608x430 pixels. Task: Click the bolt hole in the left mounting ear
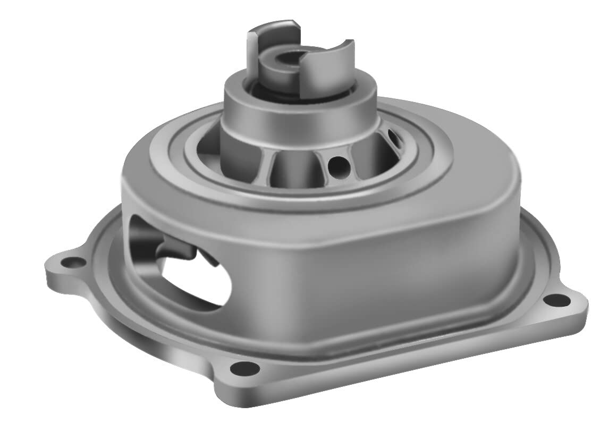(x=70, y=261)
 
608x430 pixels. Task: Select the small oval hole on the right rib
(x=396, y=139)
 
